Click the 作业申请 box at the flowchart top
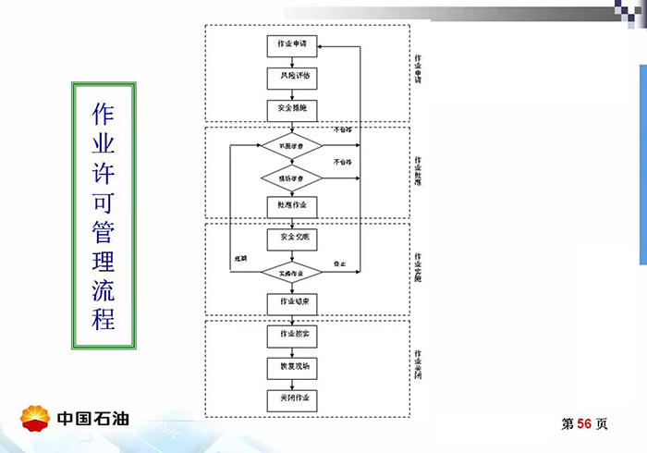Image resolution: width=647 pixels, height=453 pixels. click(291, 43)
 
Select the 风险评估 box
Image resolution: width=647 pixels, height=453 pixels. click(291, 77)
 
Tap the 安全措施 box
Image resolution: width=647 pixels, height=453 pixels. click(291, 109)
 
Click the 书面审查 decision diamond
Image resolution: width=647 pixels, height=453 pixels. click(291, 145)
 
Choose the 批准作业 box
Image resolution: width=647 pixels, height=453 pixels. click(291, 203)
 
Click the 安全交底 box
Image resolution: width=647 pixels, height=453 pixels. click(291, 238)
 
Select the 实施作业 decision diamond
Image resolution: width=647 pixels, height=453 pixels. click(291, 271)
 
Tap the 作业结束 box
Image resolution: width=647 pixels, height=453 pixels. click(291, 301)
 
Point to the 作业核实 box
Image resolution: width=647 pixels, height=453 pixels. click(291, 333)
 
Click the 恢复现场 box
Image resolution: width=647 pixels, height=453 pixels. click(291, 365)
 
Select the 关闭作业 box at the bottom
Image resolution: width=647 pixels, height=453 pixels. click(291, 398)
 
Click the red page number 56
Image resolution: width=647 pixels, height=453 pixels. click(584, 423)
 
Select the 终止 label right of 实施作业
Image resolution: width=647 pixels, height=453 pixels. click(338, 264)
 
